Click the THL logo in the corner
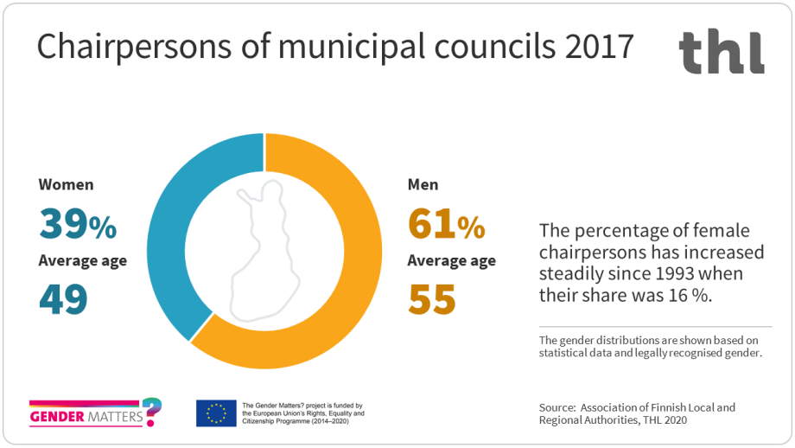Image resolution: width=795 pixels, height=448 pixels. pyautogui.click(x=721, y=52)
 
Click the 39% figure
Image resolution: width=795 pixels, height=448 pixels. pyautogui.click(x=77, y=225)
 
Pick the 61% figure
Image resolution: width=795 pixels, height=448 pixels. pyautogui.click(x=446, y=225)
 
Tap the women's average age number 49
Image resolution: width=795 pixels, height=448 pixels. pyautogui.click(x=63, y=299)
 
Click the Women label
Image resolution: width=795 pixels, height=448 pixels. pyautogui.click(x=66, y=184)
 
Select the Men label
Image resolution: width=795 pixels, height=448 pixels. pyautogui.click(x=423, y=184)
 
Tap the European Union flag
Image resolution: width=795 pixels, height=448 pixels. pyautogui.click(x=216, y=413)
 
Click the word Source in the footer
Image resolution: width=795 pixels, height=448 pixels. pyautogui.click(x=556, y=406)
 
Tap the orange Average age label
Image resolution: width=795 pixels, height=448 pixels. pyautogui.click(x=452, y=260)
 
